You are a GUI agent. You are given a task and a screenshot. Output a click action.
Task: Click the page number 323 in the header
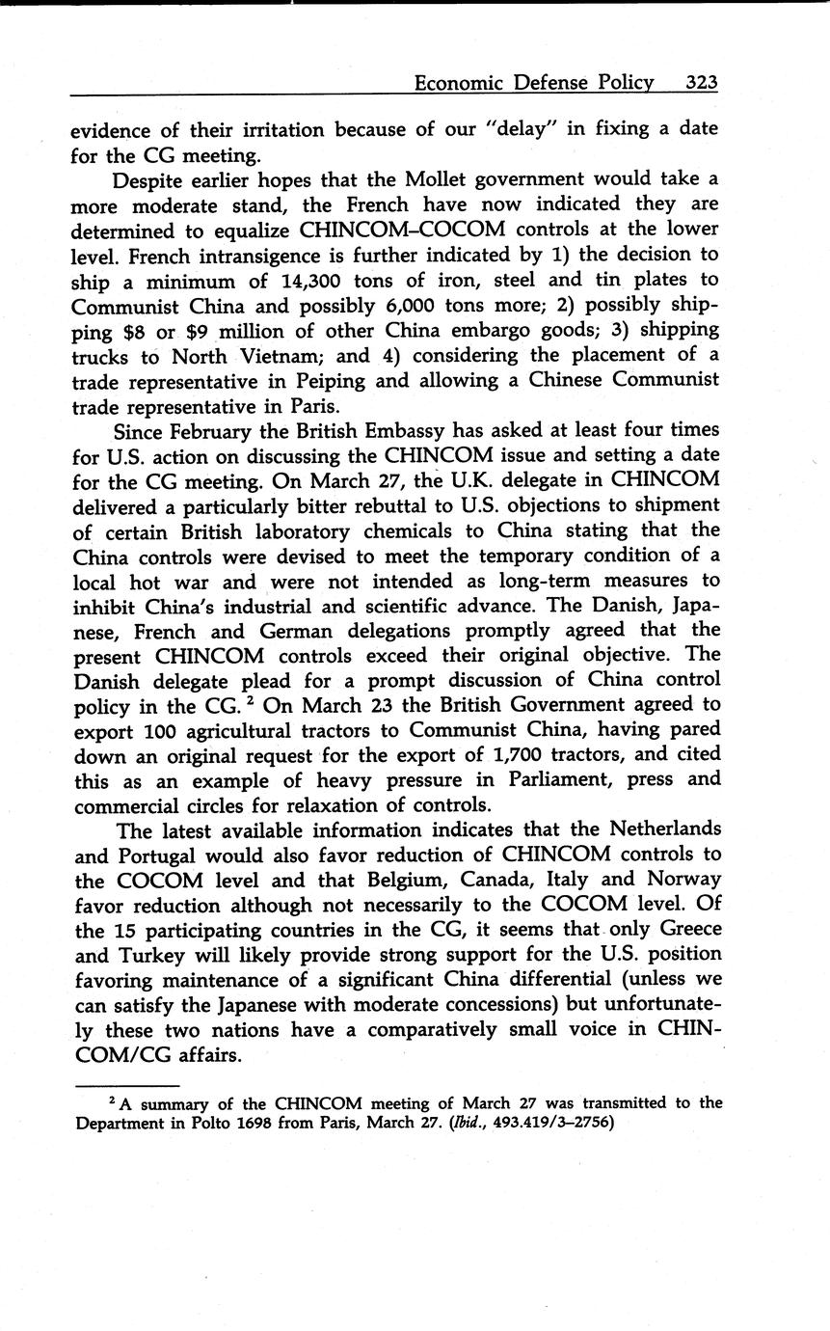point(702,83)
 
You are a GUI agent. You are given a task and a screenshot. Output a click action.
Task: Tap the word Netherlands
point(655,829)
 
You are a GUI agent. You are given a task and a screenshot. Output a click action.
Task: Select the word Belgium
point(410,880)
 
